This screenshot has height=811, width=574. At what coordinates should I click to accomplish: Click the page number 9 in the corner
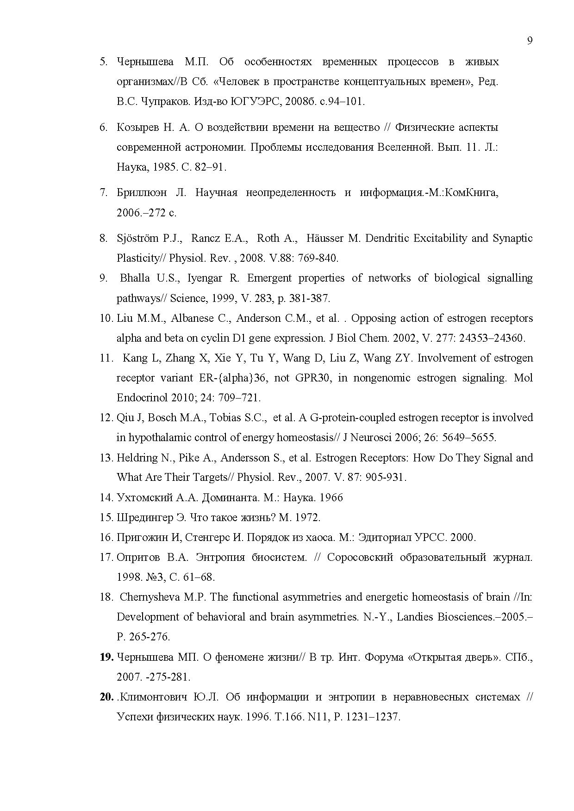[530, 41]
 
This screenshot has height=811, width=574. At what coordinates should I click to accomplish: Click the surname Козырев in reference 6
[137, 127]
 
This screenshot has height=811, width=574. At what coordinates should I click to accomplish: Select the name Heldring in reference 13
[137, 458]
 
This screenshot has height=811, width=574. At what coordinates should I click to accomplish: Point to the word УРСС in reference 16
[431, 537]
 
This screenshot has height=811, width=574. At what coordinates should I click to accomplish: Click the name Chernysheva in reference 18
[150, 597]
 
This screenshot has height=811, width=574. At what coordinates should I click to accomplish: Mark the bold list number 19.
[106, 657]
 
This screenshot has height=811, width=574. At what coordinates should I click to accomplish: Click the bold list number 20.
[106, 697]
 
